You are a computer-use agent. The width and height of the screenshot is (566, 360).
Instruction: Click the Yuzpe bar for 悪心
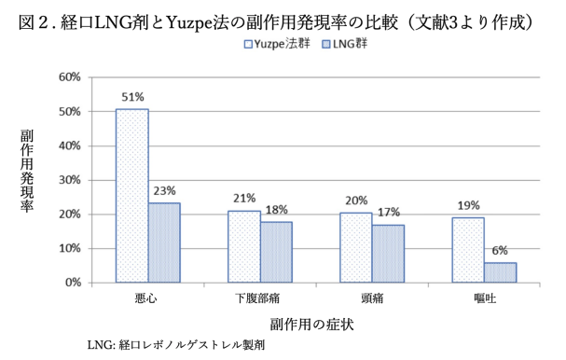tap(131, 196)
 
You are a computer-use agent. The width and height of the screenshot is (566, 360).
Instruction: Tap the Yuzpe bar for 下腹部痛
tap(244, 246)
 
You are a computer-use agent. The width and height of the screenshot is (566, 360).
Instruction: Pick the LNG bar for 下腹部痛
tap(277, 252)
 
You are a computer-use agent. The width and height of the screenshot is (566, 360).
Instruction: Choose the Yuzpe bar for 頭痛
tap(357, 247)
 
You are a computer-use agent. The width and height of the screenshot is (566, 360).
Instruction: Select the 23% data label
tap(165, 192)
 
